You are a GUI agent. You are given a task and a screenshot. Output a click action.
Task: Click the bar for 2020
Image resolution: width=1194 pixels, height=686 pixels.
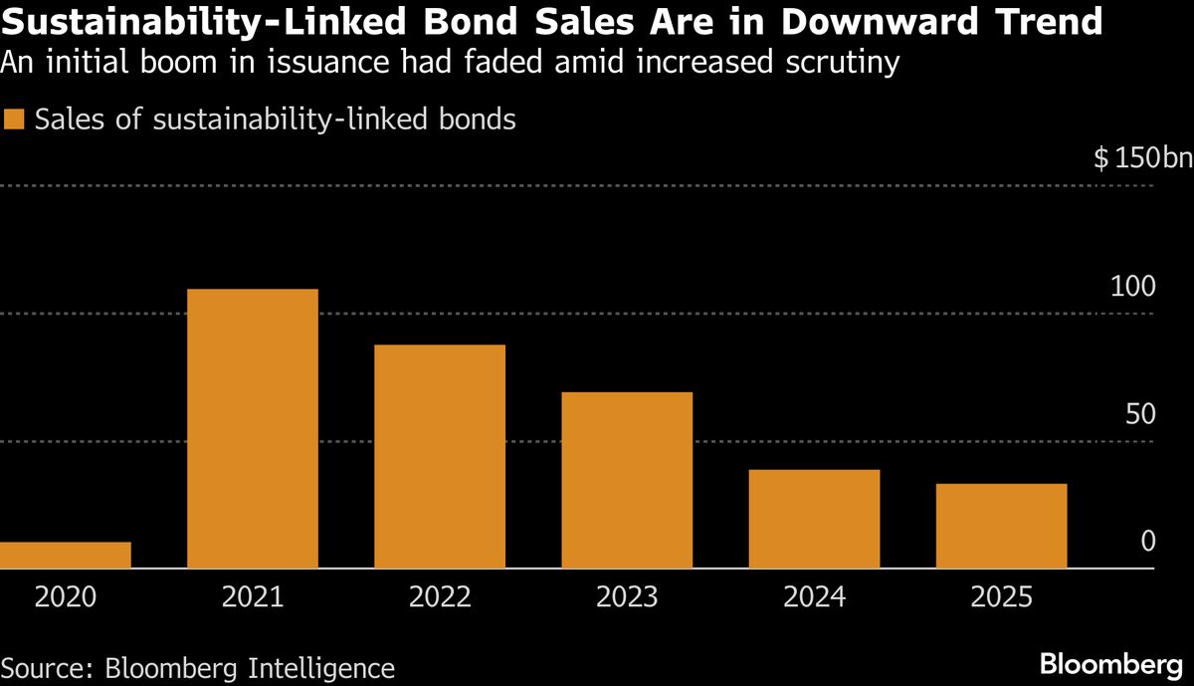pyautogui.click(x=66, y=555)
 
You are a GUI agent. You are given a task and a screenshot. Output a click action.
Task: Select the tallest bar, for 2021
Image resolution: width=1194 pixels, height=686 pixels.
pyautogui.click(x=253, y=428)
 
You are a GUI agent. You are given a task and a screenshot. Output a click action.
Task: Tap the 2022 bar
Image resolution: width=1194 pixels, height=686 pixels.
pyautogui.click(x=440, y=456)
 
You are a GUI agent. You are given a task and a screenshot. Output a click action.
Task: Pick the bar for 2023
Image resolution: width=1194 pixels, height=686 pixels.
pyautogui.click(x=627, y=480)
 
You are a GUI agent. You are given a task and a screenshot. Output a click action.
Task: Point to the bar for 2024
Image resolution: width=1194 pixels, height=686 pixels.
pyautogui.click(x=814, y=519)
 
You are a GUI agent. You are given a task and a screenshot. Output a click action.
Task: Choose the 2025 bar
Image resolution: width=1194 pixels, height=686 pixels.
pyautogui.click(x=1001, y=526)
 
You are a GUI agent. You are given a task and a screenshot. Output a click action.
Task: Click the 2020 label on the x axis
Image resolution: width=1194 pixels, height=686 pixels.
pyautogui.click(x=66, y=597)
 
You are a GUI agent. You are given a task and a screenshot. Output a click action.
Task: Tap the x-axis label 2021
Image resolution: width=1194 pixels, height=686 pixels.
pyautogui.click(x=253, y=597)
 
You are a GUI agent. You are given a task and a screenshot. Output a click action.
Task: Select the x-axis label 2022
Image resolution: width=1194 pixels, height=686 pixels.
pyautogui.click(x=440, y=597)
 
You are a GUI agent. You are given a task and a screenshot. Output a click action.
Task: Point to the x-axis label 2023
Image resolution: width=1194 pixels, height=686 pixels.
pyautogui.click(x=627, y=597)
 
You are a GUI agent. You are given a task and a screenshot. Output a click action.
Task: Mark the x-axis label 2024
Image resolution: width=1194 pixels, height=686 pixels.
pyautogui.click(x=814, y=597)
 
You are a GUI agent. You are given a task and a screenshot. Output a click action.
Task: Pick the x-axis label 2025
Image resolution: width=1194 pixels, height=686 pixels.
pyautogui.click(x=1001, y=597)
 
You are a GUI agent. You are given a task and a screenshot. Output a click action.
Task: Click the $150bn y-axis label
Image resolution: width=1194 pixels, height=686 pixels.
pyautogui.click(x=1141, y=159)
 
